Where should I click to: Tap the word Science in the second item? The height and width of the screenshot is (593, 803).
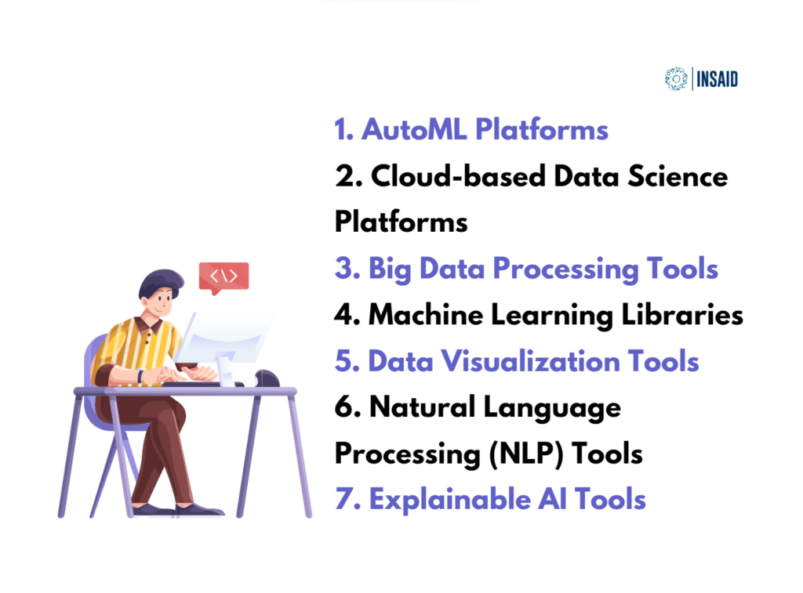coord(674,177)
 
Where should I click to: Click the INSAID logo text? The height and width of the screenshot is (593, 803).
coord(717,79)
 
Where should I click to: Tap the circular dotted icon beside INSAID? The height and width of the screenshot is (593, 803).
coord(675,78)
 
